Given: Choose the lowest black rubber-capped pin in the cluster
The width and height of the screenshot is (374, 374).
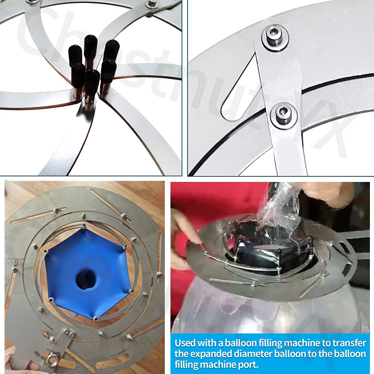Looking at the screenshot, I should click(x=92, y=80).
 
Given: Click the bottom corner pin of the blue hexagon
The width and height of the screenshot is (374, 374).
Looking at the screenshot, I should click(x=95, y=318).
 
